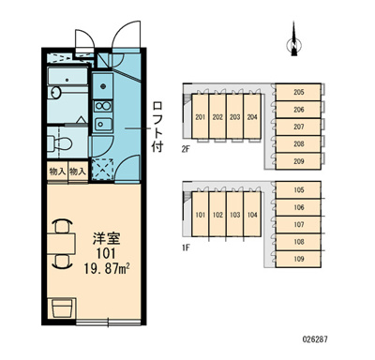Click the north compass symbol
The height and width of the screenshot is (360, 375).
coord(294,43)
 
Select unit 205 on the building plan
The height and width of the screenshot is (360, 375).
coord(299,92)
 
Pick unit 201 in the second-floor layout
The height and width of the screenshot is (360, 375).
coord(201,117)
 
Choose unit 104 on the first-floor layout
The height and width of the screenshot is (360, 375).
coord(250,215)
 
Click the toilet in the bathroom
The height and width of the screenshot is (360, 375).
coord(65,141)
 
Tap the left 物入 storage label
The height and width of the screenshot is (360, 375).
coord(57,172)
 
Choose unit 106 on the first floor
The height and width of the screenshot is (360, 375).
coord(299,208)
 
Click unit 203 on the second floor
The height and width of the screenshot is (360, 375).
coord(233,117)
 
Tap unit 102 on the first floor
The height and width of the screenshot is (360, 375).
coord(217,215)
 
